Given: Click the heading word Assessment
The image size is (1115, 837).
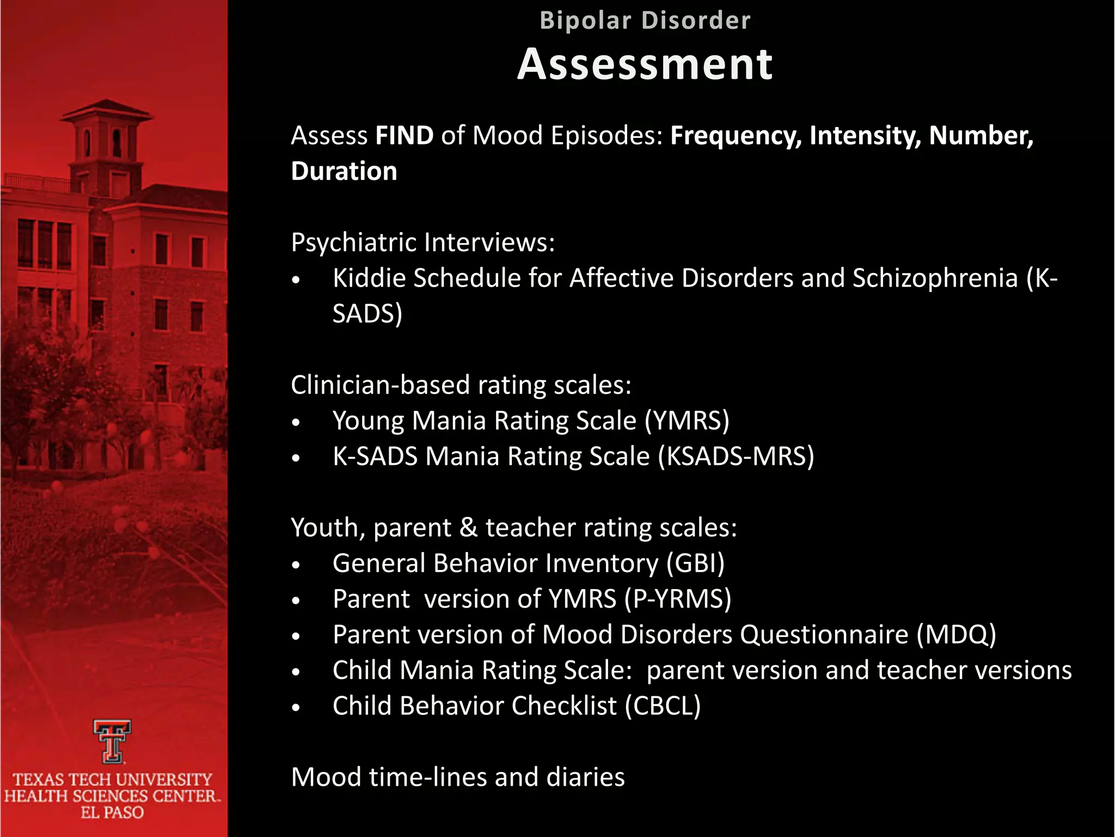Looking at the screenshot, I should coord(645,64).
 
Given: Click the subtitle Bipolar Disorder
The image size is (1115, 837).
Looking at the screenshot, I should coord(645,21).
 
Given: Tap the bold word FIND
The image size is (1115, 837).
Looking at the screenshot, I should coord(404,135).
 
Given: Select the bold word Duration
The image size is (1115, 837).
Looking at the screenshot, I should coord(344,171).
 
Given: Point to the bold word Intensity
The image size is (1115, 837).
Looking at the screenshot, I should coord(865,135).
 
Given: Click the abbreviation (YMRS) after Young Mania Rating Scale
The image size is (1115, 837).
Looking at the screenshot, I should coord(687,421).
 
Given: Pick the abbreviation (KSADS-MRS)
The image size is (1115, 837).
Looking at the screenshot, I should coord(736,456).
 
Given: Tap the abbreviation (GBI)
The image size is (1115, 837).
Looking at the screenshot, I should coord(695,563).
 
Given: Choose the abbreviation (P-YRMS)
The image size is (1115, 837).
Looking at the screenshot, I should coord(678,599).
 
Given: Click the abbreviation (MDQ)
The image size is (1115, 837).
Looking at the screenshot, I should coord(956,634).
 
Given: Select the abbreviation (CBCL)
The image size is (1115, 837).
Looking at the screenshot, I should coord(663,706).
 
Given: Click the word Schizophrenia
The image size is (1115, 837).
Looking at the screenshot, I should coord(935,278).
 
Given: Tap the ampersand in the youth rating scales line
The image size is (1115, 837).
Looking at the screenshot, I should coord(468,527).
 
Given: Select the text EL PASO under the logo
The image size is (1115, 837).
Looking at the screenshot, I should coord(112,812).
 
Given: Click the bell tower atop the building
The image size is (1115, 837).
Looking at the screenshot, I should coord(107,142).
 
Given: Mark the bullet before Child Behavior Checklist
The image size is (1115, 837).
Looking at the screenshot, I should coord(296,708).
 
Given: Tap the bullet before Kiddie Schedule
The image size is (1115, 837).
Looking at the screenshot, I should coord(296,280).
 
